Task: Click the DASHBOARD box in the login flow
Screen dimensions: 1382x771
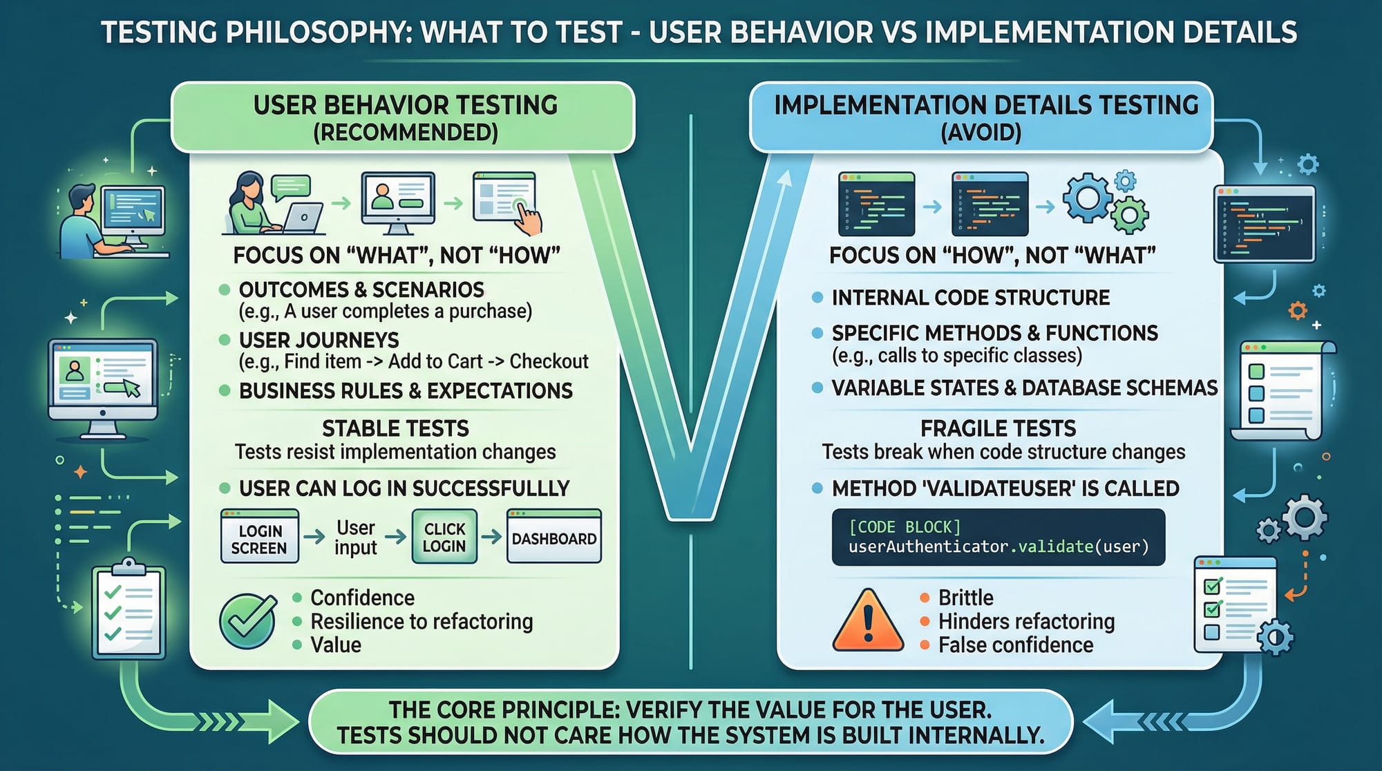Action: coord(554,537)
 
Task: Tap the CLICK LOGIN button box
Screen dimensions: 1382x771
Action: coord(444,537)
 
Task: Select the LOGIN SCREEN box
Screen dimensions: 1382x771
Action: coord(259,537)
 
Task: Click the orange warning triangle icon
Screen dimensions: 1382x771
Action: coord(869,620)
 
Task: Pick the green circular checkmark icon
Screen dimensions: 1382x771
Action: coord(248,620)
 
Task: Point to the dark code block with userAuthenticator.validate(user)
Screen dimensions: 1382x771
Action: coord(998,537)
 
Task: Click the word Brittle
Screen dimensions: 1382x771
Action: coord(965,598)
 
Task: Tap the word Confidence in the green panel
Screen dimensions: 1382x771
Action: coord(362,598)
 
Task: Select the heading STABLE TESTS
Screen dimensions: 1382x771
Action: coord(395,428)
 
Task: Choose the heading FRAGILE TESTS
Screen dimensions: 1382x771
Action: coord(998,428)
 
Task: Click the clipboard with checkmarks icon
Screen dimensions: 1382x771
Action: coord(129,608)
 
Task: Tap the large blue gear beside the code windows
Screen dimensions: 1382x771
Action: coord(1088,198)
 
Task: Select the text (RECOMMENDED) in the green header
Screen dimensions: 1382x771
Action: coord(406,133)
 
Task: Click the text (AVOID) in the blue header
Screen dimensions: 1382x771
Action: coord(981,133)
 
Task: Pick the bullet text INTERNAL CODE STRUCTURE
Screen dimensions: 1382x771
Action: coord(971,298)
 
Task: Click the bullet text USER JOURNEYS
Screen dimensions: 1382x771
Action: coord(319,340)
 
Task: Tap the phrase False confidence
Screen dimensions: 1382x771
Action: coord(1016,645)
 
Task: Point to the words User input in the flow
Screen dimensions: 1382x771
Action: coord(356,537)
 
